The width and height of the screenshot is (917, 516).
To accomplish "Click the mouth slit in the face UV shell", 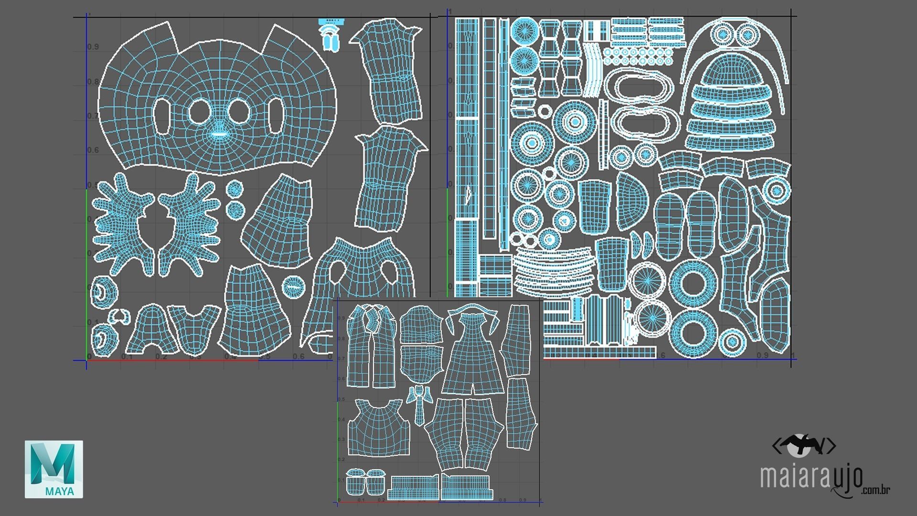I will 219,134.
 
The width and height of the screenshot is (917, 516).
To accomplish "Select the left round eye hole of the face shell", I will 199,112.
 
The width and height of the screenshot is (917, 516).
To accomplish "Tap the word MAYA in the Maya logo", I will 60,491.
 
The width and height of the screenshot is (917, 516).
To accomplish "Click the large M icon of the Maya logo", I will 53,463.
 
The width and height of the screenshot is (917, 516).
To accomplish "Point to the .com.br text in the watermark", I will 875,490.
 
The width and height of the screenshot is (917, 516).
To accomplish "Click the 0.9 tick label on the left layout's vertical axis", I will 93,47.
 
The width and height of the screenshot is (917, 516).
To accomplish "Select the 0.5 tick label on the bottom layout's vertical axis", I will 341,399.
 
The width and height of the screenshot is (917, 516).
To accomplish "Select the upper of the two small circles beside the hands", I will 234,189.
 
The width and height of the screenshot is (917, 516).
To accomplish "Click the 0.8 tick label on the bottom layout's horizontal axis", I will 502,500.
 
